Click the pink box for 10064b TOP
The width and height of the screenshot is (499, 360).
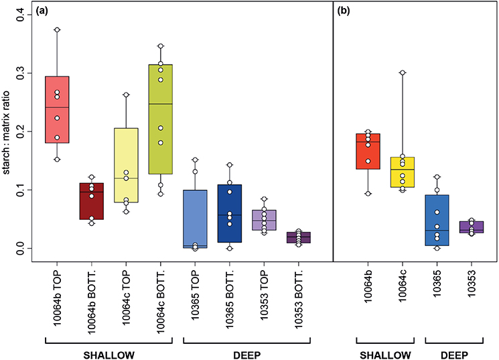click(x=57, y=109)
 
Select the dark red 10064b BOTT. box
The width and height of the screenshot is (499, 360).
click(x=92, y=200)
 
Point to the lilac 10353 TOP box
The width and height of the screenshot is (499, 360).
click(x=265, y=220)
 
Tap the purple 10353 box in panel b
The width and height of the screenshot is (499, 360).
click(x=472, y=227)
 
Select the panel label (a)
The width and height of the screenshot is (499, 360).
click(x=44, y=11)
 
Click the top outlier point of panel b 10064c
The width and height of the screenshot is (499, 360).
click(x=403, y=72)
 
